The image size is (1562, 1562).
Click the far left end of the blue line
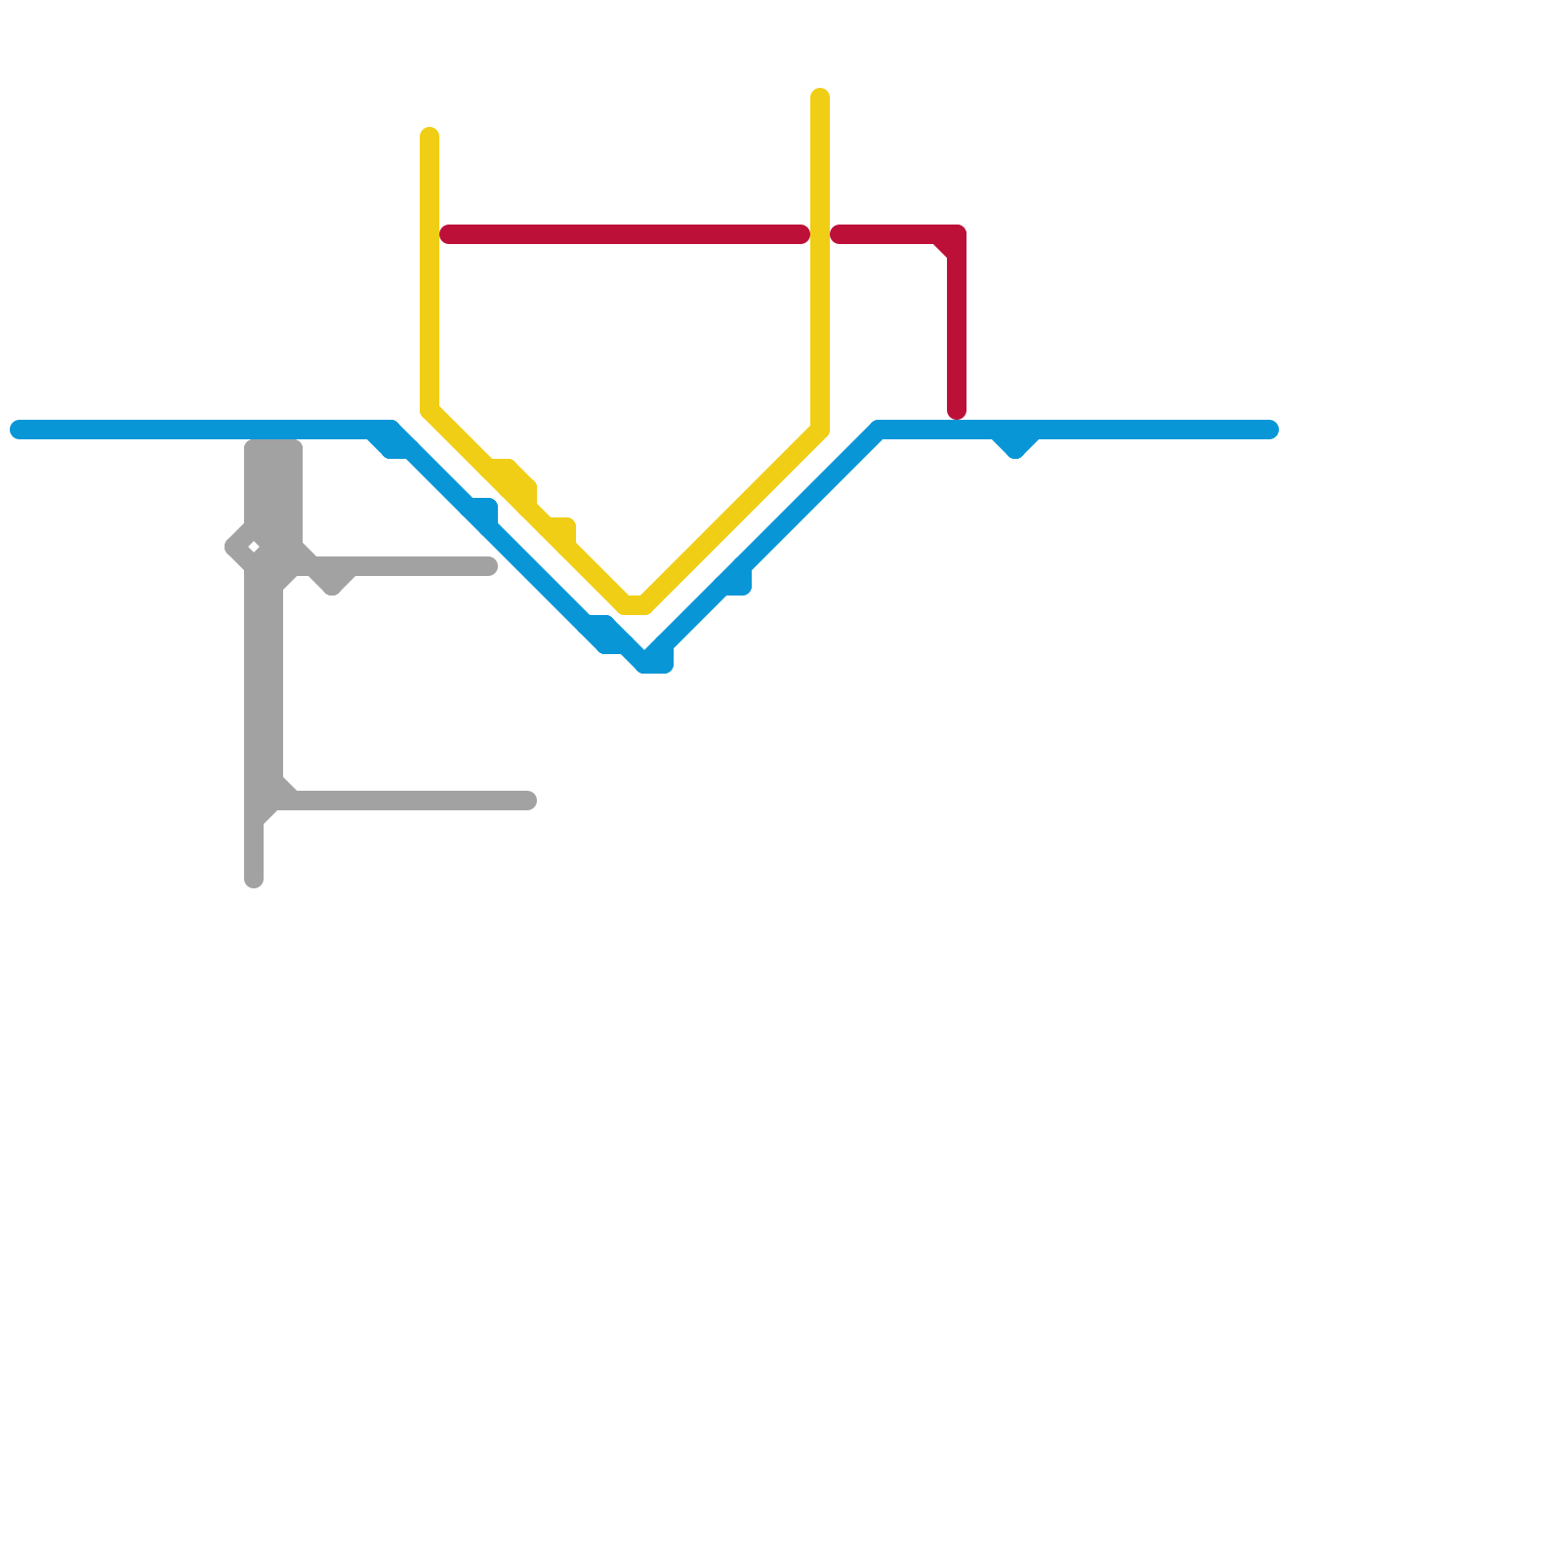tap(18, 430)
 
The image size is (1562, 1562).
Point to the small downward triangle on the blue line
tap(1015, 445)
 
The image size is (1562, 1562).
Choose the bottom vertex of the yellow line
tap(636, 605)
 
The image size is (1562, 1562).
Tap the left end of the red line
tap(448, 234)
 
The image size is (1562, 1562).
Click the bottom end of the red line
tap(957, 411)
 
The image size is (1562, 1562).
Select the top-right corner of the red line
tap(955, 235)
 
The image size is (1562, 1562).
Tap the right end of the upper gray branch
tap(490, 566)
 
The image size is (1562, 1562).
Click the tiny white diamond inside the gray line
tap(253, 547)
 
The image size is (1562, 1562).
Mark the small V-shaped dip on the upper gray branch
tap(332, 584)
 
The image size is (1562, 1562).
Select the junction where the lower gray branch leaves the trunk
tap(273, 799)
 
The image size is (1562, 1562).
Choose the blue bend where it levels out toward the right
tap(879, 431)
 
